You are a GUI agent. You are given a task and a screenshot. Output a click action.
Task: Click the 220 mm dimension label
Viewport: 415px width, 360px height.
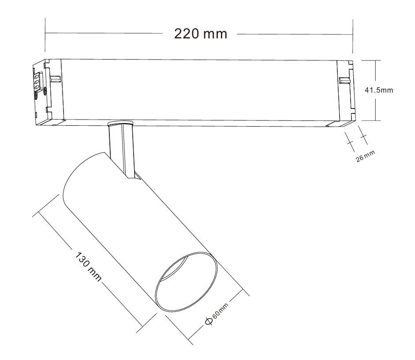point(201,34)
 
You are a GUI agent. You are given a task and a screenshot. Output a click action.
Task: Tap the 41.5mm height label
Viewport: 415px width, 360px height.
point(378,90)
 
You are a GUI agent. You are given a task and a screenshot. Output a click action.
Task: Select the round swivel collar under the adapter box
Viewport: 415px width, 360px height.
point(120,123)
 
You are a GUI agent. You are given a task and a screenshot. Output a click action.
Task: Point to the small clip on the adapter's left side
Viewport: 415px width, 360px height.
point(55,79)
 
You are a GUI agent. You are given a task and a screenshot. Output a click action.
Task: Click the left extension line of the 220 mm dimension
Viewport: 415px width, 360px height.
point(45,40)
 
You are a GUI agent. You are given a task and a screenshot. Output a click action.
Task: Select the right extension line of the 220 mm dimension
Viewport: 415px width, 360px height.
point(352,40)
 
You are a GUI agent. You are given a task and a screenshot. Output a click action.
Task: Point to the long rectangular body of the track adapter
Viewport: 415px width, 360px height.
point(198,90)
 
